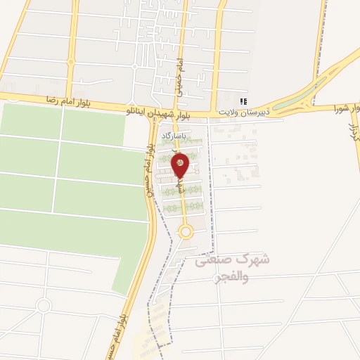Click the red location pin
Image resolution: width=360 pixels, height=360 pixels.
180,165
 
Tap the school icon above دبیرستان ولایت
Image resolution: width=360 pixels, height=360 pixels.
243,102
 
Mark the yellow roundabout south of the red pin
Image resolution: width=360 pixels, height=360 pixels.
186,231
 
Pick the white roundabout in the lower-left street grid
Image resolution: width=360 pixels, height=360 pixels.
44,305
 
